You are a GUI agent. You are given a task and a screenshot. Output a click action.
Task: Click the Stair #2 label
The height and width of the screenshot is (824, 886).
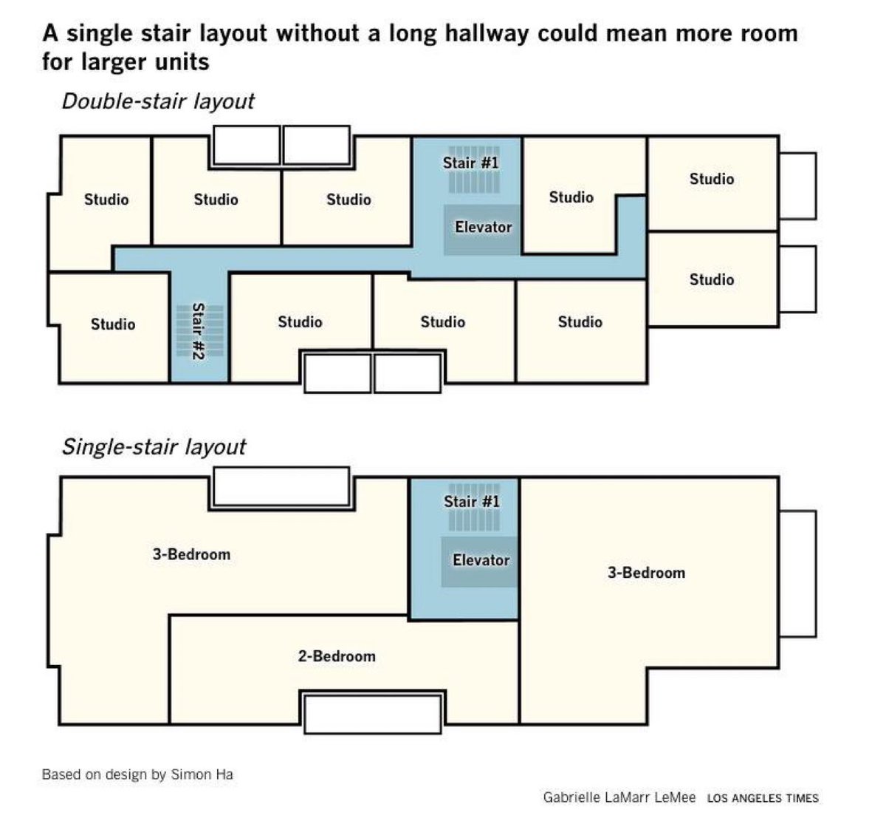click(197, 332)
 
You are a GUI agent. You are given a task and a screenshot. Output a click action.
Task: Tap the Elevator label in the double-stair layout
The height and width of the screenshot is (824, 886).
click(483, 227)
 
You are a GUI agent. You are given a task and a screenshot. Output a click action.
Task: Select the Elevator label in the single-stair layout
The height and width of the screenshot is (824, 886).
click(481, 560)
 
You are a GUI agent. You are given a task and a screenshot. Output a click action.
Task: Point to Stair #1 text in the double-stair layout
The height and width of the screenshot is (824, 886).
click(471, 162)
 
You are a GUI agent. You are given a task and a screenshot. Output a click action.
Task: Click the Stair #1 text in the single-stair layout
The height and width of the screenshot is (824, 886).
click(471, 502)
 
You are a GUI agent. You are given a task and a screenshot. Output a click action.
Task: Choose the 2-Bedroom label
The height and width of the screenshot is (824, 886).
click(337, 656)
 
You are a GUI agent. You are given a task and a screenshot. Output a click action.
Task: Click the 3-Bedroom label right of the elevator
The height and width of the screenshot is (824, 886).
click(646, 573)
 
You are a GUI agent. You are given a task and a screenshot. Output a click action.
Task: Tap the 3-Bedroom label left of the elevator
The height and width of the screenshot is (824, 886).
click(191, 554)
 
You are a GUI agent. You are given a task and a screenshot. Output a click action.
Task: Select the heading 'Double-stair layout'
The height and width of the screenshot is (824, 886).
click(157, 101)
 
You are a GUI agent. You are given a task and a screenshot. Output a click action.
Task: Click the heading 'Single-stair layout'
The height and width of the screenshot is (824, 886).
click(153, 447)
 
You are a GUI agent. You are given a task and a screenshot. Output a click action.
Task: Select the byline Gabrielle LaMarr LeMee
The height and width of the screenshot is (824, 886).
click(619, 797)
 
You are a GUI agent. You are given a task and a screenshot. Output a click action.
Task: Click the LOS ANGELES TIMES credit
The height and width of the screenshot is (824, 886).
click(763, 798)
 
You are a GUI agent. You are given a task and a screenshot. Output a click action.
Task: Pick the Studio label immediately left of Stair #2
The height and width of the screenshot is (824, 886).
click(113, 324)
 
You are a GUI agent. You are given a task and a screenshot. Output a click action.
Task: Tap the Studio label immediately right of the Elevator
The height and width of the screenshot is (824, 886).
click(571, 197)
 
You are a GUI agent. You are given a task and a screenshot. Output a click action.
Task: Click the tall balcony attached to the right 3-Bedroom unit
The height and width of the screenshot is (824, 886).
click(798, 573)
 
